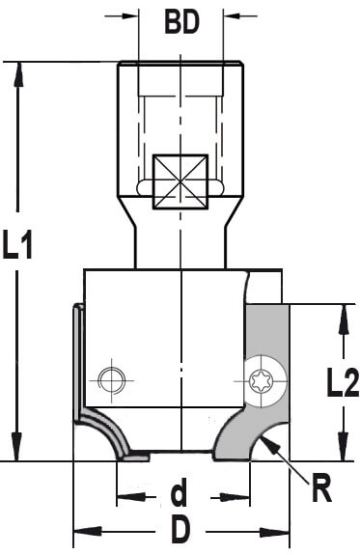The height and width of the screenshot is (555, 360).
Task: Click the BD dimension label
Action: click(x=182, y=22)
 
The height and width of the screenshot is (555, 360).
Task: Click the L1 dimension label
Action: click(x=17, y=244)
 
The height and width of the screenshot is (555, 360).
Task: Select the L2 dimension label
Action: click(x=343, y=382)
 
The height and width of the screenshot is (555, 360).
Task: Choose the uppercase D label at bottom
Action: click(x=180, y=532)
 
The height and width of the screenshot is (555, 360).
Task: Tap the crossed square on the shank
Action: click(x=180, y=181)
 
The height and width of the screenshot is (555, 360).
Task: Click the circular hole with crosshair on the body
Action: click(x=112, y=380)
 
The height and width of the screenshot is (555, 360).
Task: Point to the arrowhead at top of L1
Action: click(x=17, y=73)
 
